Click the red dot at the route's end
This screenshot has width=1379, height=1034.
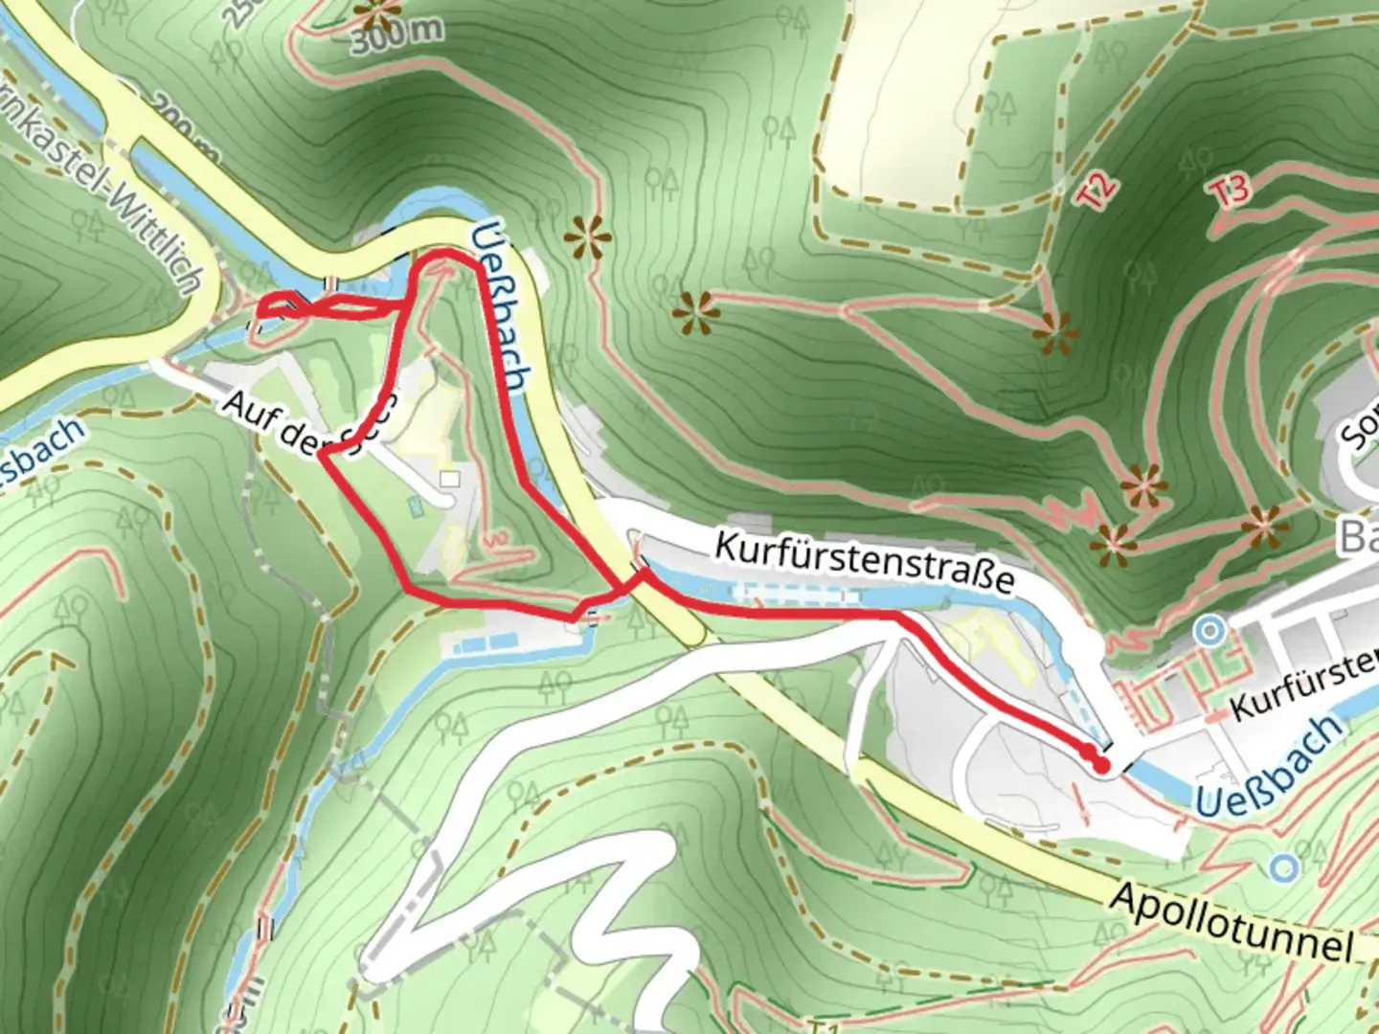tap(1101, 764)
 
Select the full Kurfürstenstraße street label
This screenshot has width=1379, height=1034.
tap(864, 564)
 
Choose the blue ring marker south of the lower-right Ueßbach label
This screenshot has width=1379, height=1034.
tap(1283, 867)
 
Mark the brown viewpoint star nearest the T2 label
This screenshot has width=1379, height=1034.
tap(1054, 332)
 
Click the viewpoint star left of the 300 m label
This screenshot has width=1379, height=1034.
tap(376, 13)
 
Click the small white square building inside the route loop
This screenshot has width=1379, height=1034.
tap(450, 478)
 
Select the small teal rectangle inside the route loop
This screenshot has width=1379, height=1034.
tap(415, 503)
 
